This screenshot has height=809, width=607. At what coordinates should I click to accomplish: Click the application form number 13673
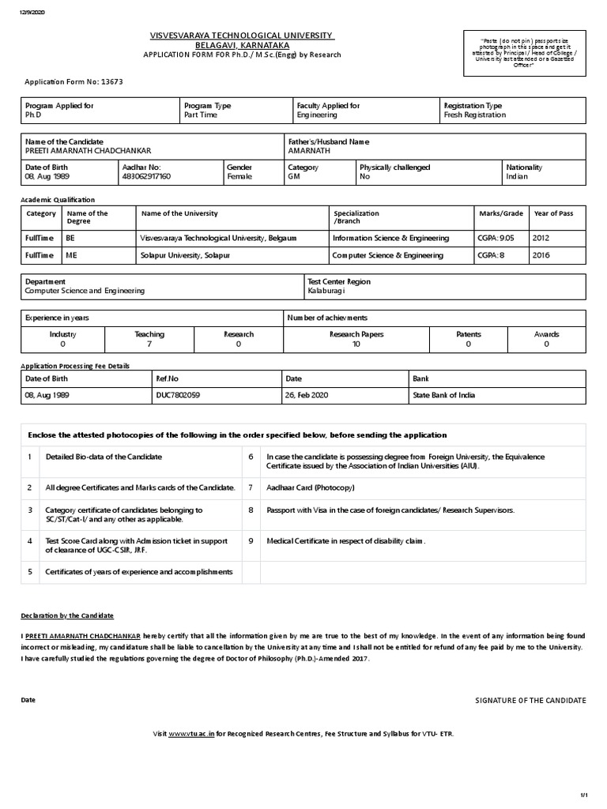110,81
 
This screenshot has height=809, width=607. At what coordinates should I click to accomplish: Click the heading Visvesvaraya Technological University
242,36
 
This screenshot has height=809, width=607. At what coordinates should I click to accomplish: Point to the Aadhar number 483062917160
146,176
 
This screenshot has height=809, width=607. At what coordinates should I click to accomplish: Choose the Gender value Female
239,176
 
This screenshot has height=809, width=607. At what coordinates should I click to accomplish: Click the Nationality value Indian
518,176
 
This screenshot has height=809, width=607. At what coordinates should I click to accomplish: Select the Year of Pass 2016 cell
541,255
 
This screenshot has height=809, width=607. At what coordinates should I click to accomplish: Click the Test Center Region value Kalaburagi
326,291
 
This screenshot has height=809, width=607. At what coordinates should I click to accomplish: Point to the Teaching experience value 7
149,344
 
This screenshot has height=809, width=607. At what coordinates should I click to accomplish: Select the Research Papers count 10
356,344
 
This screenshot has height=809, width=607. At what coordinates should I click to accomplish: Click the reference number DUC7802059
178,395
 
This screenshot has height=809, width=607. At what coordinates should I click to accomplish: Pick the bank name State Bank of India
443,395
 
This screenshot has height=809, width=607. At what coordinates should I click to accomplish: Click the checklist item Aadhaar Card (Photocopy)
309,488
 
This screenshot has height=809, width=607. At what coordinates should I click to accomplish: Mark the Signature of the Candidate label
530,700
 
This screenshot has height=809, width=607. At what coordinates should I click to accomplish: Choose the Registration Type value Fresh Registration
475,115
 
